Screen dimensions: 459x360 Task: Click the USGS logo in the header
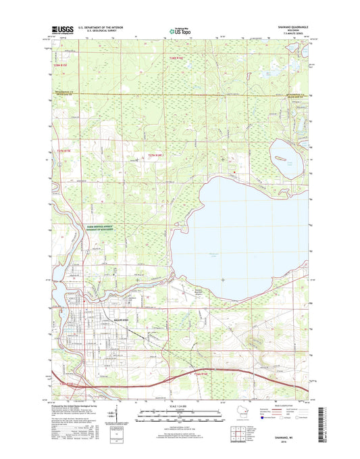click(61, 30)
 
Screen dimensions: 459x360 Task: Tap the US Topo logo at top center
click(180, 30)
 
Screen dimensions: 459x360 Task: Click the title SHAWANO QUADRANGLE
click(293, 27)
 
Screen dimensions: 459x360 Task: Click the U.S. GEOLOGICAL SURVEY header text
click(101, 31)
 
